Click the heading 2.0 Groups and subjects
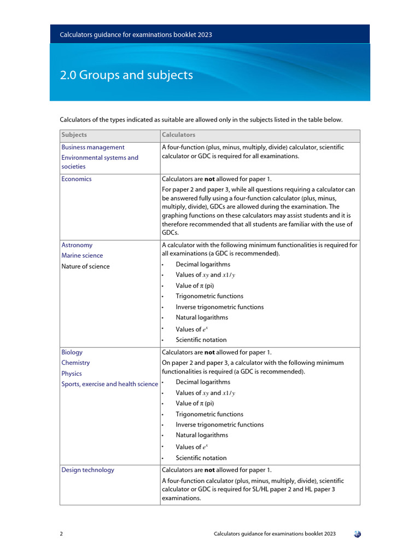[x=126, y=75]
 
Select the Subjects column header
[x=74, y=135]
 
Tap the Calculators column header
[x=178, y=135]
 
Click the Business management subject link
[x=93, y=147]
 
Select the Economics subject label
[x=77, y=179]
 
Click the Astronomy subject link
[x=77, y=245]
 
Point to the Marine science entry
[x=82, y=255]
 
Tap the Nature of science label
[x=85, y=266]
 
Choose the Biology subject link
[x=72, y=352]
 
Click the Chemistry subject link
[x=75, y=363]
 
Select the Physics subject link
[x=72, y=374]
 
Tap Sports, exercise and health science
[x=109, y=384]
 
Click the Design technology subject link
[x=88, y=470]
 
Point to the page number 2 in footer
[x=61, y=534]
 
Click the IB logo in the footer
[x=357, y=534]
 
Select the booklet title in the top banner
[x=136, y=34]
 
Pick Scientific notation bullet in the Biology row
[x=201, y=458]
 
